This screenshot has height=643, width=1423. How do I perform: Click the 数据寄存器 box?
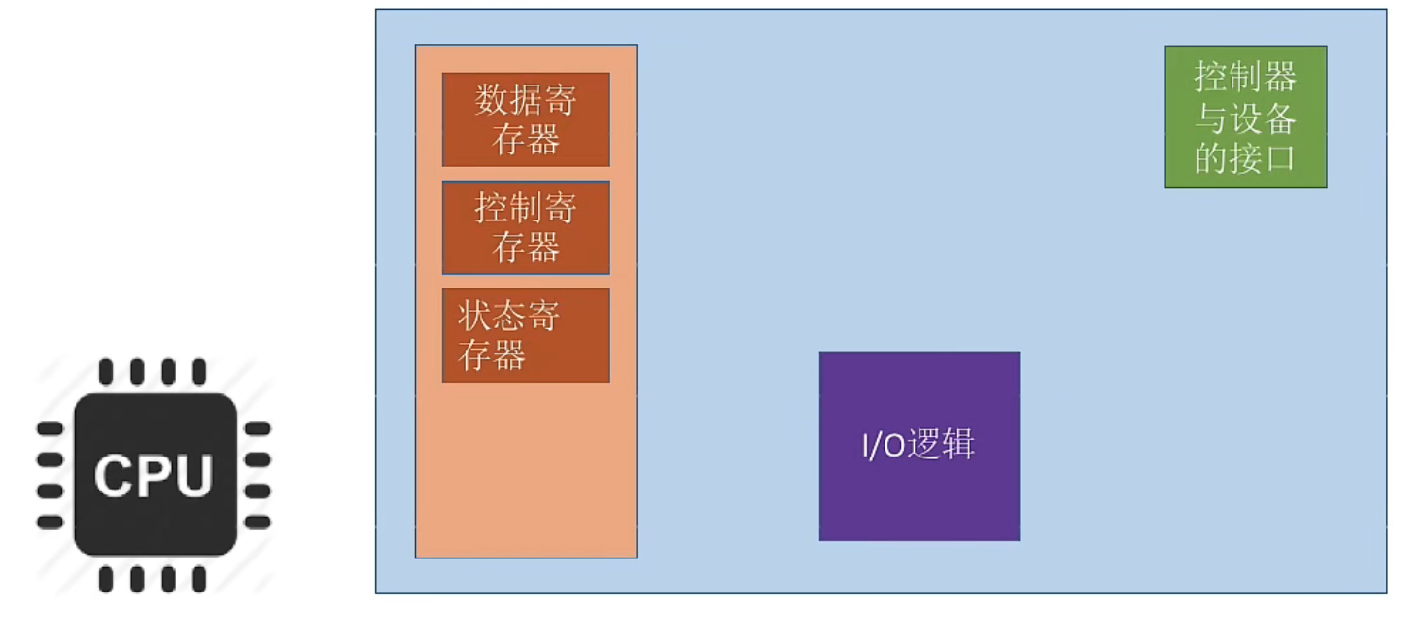tap(526, 119)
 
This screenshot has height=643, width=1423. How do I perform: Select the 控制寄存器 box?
tap(526, 227)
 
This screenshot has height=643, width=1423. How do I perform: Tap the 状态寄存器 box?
tap(526, 335)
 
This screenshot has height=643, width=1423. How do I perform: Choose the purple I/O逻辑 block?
tap(920, 446)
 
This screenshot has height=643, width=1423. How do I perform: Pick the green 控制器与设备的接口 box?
tap(1245, 117)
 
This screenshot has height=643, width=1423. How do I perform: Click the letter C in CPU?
tap(113, 476)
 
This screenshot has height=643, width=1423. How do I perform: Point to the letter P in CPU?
tap(154, 476)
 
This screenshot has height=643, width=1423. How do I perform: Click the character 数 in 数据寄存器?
tap(493, 100)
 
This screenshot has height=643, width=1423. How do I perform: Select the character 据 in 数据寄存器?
tap(526, 100)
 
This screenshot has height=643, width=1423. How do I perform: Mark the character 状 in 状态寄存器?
tap(475, 317)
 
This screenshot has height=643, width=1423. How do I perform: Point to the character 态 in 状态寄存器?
tap(508, 317)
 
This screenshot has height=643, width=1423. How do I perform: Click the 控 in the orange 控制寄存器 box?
tap(493, 208)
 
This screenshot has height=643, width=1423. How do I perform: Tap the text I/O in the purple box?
tap(883, 446)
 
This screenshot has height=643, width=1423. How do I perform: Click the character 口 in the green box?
tap(1279, 158)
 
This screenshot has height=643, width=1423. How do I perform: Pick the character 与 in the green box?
tap(1212, 118)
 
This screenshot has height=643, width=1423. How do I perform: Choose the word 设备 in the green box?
tap(1262, 118)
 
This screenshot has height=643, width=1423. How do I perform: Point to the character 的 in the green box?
tap(1212, 158)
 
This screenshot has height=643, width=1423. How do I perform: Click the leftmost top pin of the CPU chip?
tap(106, 371)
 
